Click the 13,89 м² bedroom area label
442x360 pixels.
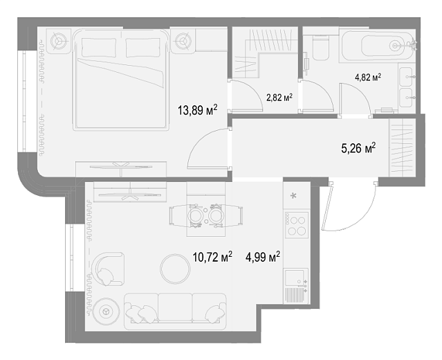(198, 110)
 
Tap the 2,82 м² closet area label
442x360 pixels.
(279, 98)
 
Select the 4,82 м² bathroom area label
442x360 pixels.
(368, 78)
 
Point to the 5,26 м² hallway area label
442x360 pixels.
(358, 148)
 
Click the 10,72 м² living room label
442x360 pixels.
(212, 257)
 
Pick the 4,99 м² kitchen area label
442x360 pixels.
(263, 257)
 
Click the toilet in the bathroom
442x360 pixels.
(321, 47)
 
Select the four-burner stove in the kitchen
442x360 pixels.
(297, 225)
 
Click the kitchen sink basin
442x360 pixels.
(294, 278)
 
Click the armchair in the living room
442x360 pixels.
(109, 269)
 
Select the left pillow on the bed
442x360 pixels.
(99, 47)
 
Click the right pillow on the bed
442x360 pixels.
(143, 47)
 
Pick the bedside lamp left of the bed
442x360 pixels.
(59, 41)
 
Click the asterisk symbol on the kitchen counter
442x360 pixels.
(293, 195)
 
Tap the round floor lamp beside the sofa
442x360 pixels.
(107, 312)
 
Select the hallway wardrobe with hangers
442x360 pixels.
(403, 147)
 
